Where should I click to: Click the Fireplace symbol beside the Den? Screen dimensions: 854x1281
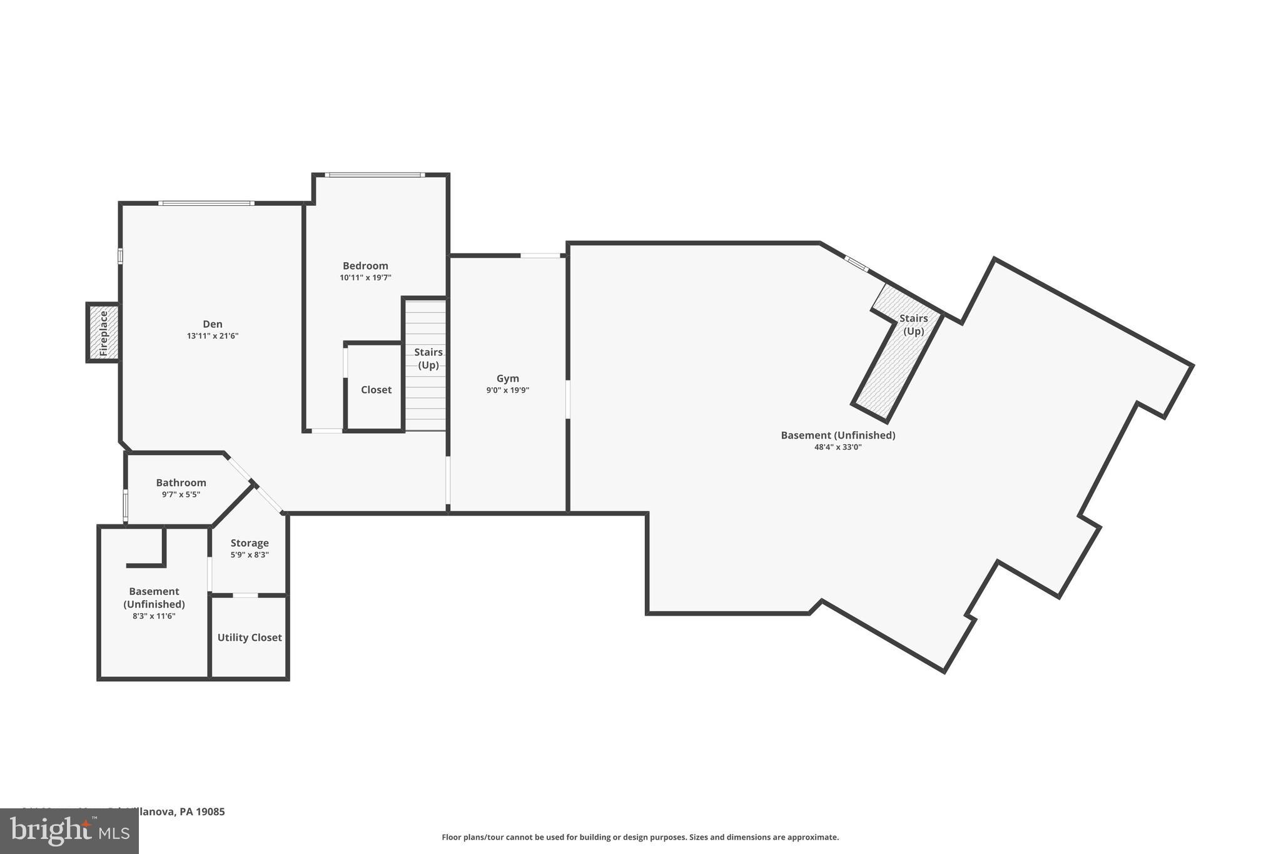point(103,333)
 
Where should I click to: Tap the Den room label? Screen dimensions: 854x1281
point(213,324)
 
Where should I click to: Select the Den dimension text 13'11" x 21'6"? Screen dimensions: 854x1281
point(213,336)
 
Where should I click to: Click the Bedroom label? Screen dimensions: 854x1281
point(365,266)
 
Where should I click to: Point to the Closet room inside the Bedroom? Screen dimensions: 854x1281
point(376,390)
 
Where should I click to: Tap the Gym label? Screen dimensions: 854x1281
point(507,379)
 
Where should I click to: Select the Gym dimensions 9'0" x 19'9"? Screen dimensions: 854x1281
point(507,390)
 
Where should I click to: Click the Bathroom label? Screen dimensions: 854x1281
point(181,483)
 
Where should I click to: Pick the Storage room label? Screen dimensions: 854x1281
point(250,543)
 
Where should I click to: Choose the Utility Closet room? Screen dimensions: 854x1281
point(250,638)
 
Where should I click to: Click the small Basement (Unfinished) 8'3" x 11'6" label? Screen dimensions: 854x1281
point(154,598)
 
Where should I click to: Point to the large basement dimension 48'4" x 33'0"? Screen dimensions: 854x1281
point(838,447)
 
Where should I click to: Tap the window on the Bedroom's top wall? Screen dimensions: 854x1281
point(375,175)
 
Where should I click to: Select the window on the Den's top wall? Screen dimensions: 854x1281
point(206,203)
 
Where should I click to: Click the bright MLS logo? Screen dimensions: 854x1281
point(69,831)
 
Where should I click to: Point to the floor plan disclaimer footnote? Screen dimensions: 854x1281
point(640,837)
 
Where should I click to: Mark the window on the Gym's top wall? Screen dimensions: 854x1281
point(540,255)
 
